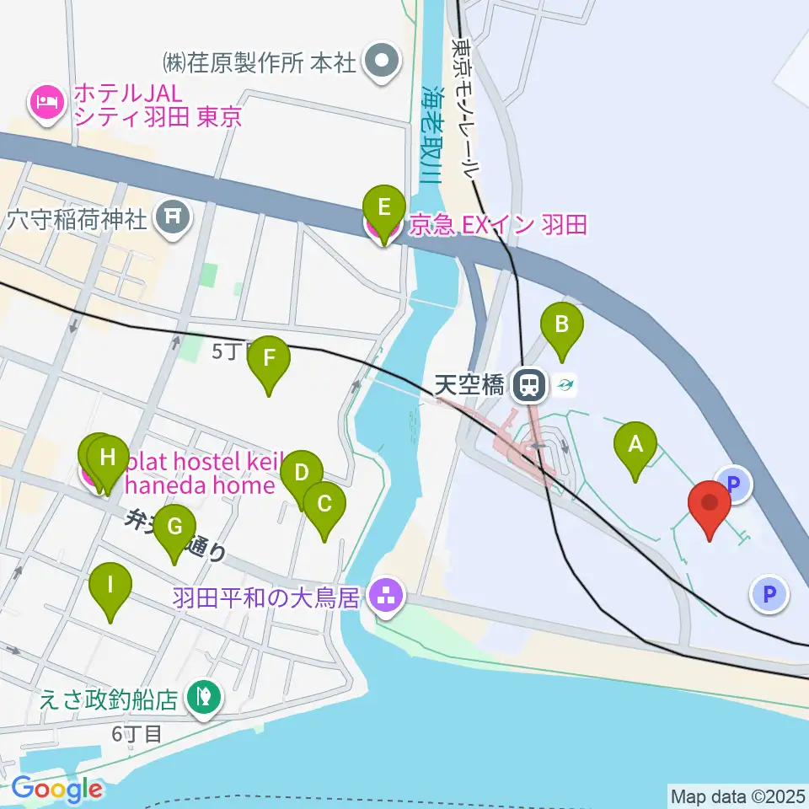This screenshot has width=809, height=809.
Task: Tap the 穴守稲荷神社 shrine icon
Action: tap(173, 218)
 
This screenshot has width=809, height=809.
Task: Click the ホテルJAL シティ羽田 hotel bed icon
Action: tap(45, 103)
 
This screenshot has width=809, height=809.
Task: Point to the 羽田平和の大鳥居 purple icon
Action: tap(388, 597)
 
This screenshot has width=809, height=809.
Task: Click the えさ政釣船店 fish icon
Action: tap(202, 697)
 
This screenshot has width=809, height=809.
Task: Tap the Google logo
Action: tap(57, 789)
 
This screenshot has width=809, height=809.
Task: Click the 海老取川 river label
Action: tap(431, 135)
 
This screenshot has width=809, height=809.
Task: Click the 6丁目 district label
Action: tap(136, 734)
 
